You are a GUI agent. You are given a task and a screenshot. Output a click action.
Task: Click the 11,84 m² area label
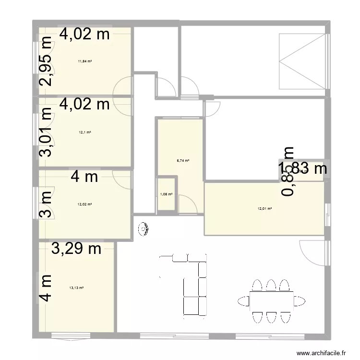pyautogui.click(x=84, y=61)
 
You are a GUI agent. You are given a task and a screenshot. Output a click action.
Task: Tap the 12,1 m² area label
pyautogui.click(x=84, y=132)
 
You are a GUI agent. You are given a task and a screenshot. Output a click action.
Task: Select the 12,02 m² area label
pyautogui.click(x=84, y=204)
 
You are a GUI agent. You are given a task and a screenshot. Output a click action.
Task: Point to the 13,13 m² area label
pyautogui.click(x=77, y=288)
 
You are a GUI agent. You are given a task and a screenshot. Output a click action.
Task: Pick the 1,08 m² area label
pyautogui.click(x=166, y=194)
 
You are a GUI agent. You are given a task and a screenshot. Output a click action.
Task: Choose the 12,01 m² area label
pyautogui.click(x=264, y=208)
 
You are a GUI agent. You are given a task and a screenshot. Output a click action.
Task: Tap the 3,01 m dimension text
pyautogui.click(x=46, y=132)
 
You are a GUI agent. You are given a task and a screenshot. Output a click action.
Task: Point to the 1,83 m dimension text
pyautogui.click(x=303, y=168)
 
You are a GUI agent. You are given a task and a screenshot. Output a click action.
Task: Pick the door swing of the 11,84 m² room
pyautogui.click(x=123, y=86)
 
